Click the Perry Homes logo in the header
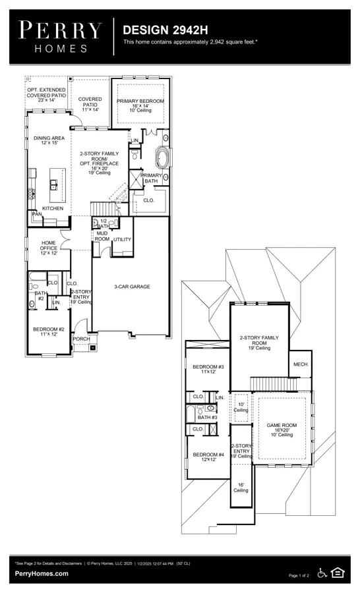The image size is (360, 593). pos(61,36)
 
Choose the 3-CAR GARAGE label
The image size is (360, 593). pos(131,287)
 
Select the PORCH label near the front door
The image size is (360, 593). pos(81,339)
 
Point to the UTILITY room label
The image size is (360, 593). pos(123,239)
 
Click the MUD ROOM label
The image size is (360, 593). pos(102,236)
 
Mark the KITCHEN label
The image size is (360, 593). pos(53,208)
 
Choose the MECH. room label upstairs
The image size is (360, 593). pos(301,364)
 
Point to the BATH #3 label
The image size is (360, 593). pos(207,417)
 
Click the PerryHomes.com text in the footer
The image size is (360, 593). pos(41,574)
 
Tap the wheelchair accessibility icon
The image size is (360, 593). pos(322,573)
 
